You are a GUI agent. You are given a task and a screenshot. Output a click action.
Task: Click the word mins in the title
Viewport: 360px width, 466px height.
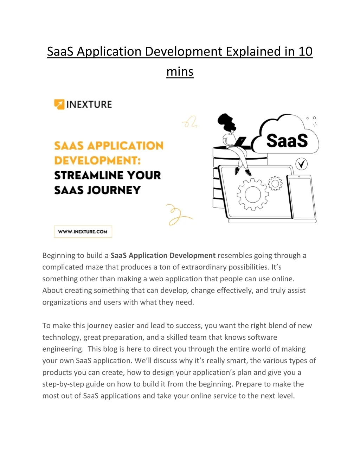coord(180,72)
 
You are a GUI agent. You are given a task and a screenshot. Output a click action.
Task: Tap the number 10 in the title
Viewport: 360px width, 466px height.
coord(305,52)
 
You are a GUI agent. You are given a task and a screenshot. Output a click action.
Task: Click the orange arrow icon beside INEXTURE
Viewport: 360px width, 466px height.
coord(59,104)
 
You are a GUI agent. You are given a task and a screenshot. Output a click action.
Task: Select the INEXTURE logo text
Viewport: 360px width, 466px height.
coord(89,104)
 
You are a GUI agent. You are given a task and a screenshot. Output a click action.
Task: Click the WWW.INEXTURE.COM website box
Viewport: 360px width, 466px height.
coord(83,232)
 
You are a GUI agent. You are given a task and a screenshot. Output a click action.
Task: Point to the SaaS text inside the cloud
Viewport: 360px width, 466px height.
coord(287,141)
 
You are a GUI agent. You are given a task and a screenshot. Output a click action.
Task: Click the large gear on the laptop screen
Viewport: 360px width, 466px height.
coord(252,194)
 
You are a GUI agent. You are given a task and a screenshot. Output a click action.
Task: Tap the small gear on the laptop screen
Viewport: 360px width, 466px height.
coord(275,184)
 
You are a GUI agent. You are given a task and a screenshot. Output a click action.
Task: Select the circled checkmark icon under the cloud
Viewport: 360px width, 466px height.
coord(301,164)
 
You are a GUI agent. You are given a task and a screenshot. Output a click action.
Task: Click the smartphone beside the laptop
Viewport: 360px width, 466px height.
coord(301,197)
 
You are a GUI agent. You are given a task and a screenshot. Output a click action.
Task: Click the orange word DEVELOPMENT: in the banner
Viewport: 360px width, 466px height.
coord(97,160)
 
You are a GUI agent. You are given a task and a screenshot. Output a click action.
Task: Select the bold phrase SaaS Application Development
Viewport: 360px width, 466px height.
coord(163,256)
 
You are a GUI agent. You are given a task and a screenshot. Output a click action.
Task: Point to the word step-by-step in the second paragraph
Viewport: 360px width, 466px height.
coord(63,384)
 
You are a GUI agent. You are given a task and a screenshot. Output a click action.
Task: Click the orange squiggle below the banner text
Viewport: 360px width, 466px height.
coord(178,214)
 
